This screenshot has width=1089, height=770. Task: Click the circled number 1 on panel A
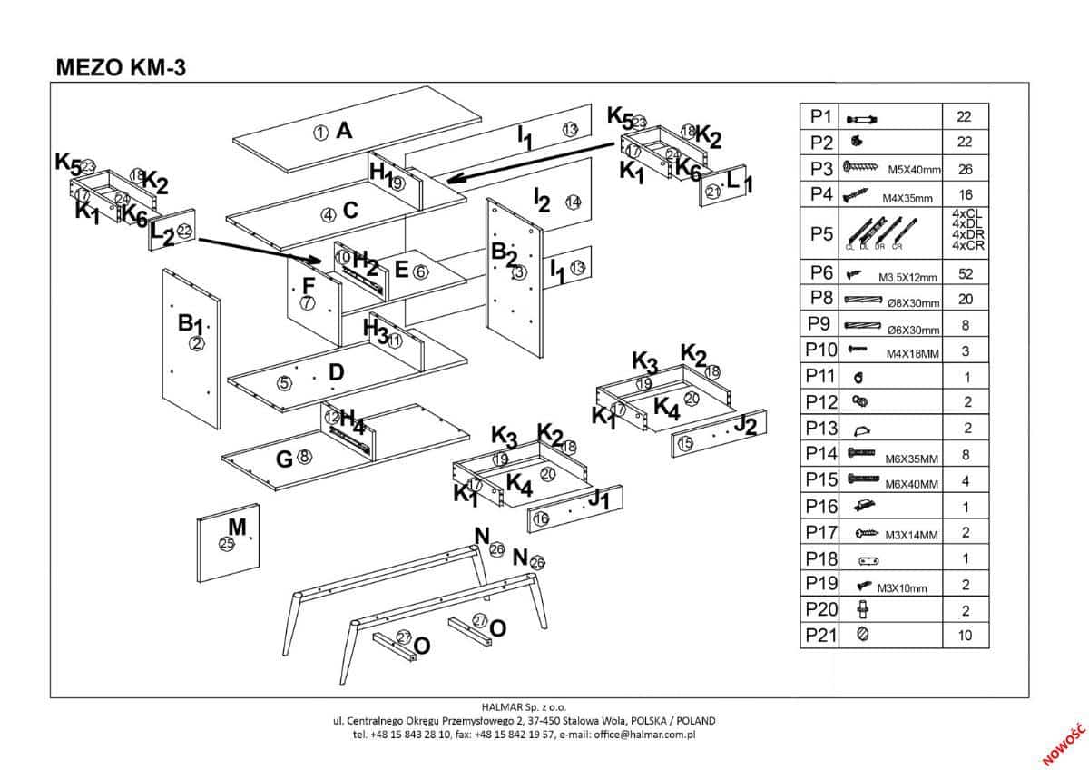tap(320, 133)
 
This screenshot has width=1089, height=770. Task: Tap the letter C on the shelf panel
tap(350, 211)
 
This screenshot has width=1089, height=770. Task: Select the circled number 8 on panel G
tap(304, 458)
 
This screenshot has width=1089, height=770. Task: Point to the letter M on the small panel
tap(237, 527)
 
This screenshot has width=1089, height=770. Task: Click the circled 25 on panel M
tap(227, 544)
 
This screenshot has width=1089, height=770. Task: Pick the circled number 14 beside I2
tap(572, 202)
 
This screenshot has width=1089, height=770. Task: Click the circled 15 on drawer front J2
tap(685, 443)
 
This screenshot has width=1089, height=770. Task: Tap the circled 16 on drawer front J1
tap(541, 518)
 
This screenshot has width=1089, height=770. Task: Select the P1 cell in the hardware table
tap(820, 116)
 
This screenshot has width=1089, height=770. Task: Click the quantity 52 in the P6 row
tap(964, 272)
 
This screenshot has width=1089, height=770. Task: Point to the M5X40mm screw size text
tap(914, 170)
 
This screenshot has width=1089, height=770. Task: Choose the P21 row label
tap(820, 636)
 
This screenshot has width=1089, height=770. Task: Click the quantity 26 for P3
tap(964, 169)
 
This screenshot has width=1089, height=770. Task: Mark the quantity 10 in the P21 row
tap(964, 636)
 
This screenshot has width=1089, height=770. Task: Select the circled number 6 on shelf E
tap(419, 271)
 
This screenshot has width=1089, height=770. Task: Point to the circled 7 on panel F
tap(307, 303)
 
